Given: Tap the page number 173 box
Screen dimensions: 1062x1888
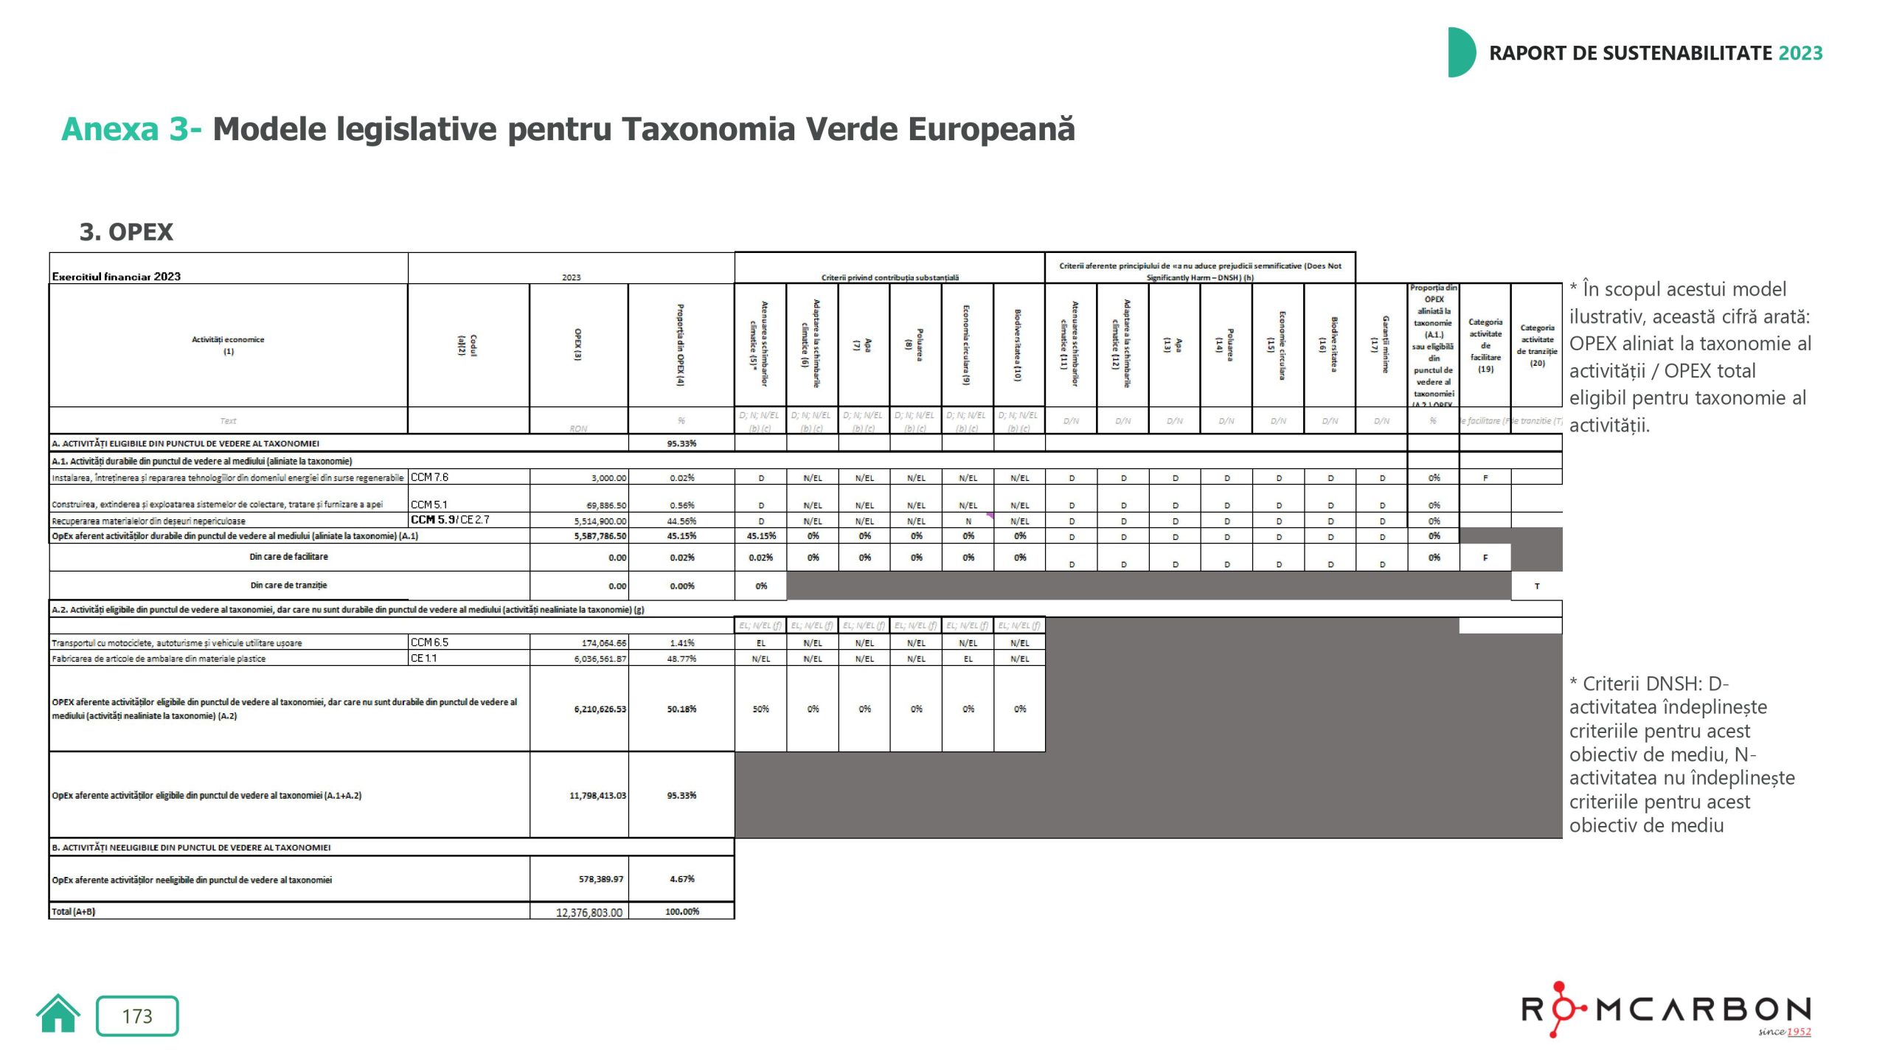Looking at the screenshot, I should [x=137, y=1016].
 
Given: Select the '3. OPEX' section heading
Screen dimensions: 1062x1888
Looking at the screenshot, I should [x=126, y=232].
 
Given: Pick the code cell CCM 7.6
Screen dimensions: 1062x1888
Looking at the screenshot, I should [x=430, y=477].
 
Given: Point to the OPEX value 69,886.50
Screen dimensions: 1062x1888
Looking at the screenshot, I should [x=599, y=506].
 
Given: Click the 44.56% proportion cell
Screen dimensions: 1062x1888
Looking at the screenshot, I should [x=681, y=521].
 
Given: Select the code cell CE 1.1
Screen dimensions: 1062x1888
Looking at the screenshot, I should [x=424, y=658].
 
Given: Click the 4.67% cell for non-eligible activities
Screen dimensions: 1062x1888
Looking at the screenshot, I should [x=681, y=879].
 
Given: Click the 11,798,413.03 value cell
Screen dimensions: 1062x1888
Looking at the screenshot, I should [x=597, y=796].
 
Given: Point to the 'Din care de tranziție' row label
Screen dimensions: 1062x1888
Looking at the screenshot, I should [x=288, y=586].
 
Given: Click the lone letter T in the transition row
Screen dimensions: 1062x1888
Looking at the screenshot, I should [x=1537, y=586].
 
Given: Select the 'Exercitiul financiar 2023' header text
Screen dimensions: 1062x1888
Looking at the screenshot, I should [x=117, y=277].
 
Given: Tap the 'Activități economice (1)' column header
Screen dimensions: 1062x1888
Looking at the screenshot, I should [x=228, y=345].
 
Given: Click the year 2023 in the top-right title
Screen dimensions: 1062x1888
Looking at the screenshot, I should [x=1800, y=53].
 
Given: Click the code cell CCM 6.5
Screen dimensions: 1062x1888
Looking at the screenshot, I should [x=430, y=642].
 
